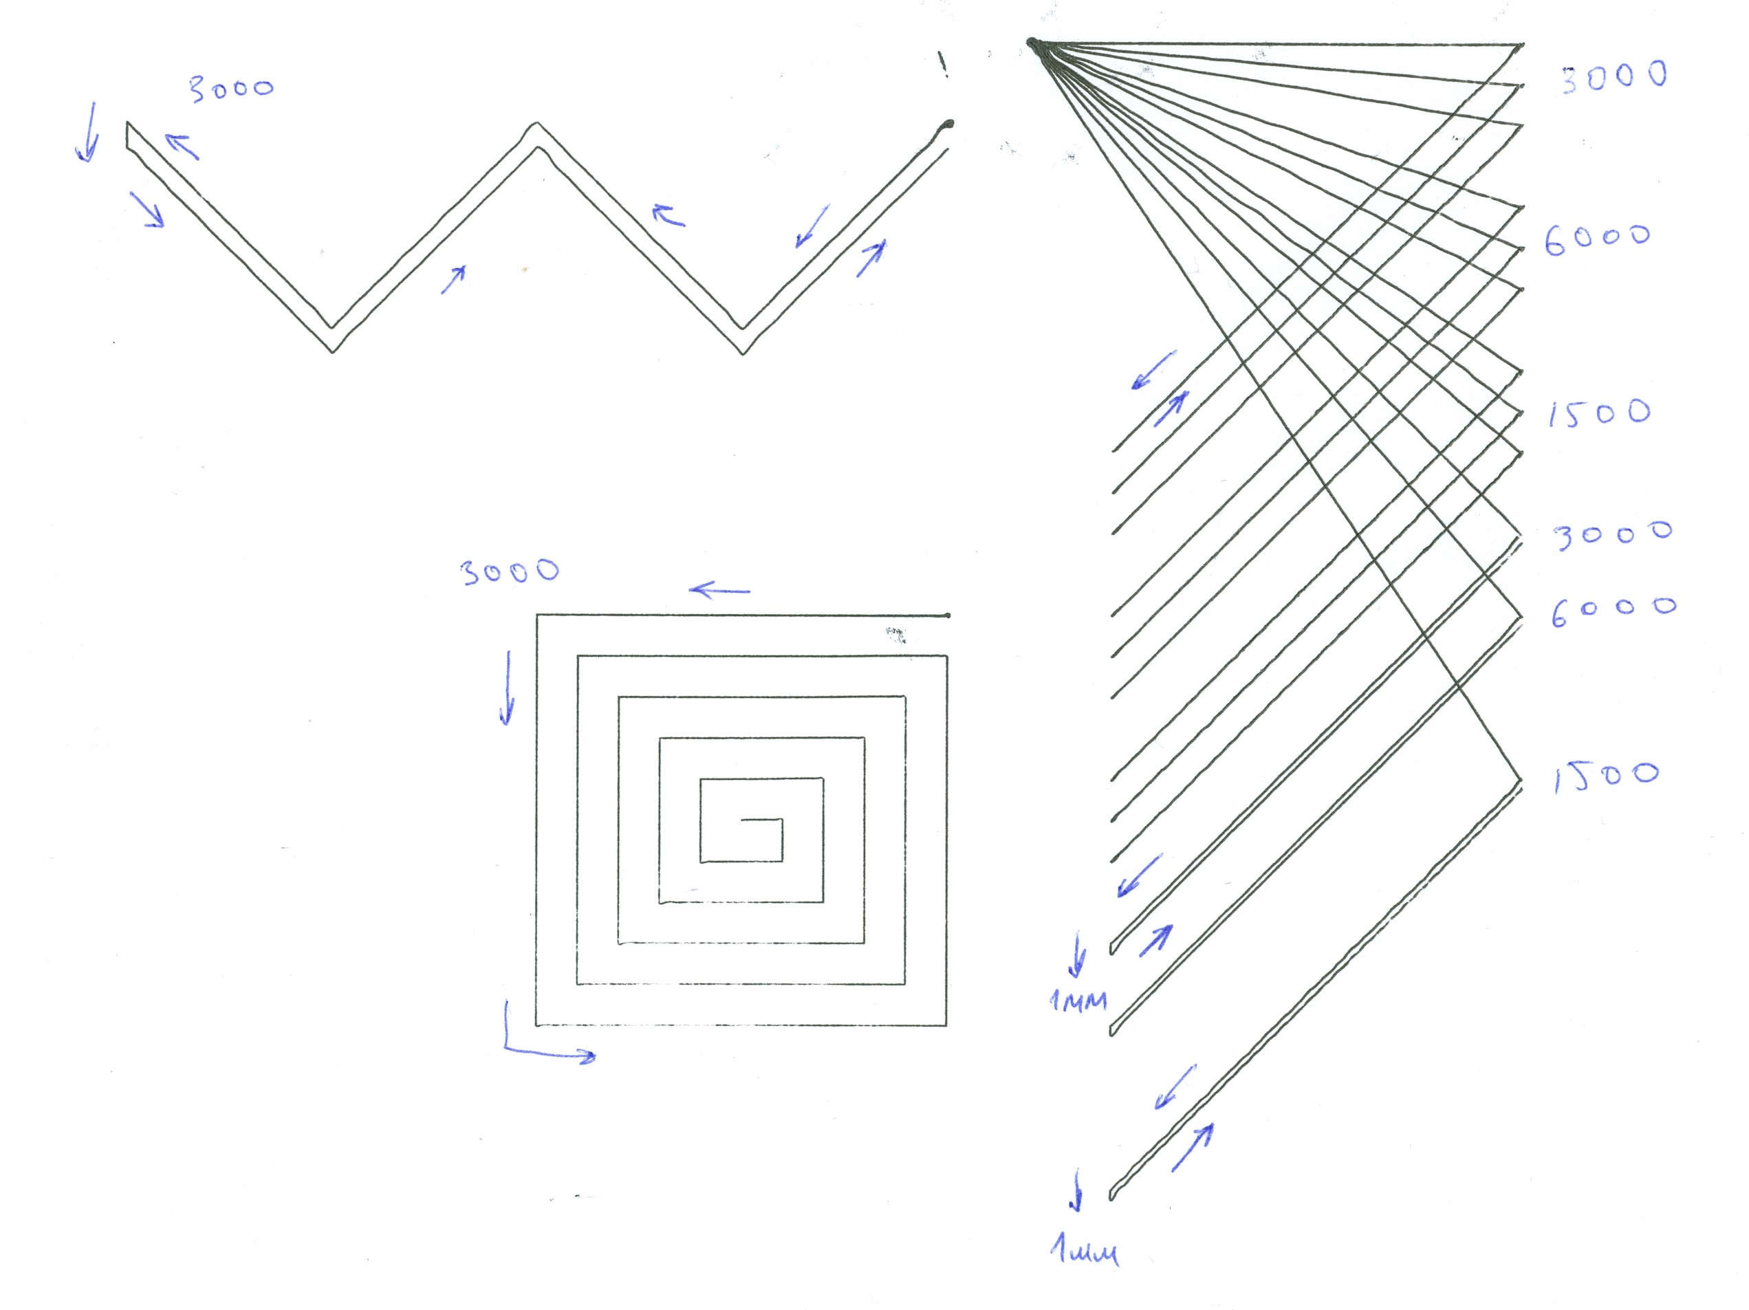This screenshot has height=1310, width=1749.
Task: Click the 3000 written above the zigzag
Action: (231, 89)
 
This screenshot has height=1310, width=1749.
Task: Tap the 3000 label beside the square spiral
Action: (509, 571)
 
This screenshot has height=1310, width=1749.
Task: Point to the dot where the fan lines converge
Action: (1032, 43)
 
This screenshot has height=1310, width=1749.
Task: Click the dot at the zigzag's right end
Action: (948, 124)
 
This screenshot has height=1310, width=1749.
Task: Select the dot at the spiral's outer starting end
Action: (947, 614)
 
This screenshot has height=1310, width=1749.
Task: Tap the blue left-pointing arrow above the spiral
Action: (719, 590)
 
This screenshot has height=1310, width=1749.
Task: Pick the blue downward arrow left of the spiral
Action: (507, 688)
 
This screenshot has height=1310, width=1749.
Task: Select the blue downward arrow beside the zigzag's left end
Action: (89, 131)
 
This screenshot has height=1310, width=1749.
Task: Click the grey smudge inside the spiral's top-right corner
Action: (895, 634)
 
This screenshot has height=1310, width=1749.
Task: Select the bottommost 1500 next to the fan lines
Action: (1605, 776)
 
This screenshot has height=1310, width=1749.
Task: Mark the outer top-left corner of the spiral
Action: (538, 615)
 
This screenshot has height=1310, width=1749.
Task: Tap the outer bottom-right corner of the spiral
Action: (946, 1025)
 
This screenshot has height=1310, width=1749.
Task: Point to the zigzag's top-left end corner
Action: (127, 123)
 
